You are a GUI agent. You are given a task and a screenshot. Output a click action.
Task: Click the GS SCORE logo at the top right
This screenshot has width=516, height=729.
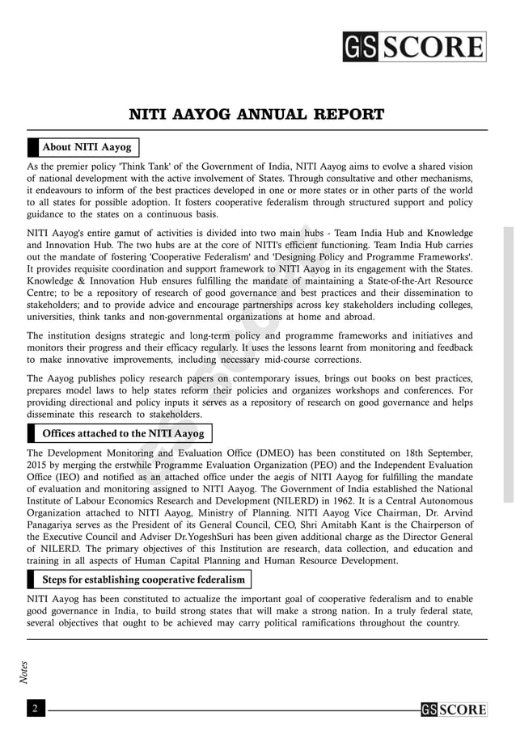(413, 47)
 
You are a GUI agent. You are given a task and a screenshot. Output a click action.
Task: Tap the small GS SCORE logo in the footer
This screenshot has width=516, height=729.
(453, 710)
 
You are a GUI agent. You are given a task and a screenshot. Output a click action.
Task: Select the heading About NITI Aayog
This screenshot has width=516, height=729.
(86, 147)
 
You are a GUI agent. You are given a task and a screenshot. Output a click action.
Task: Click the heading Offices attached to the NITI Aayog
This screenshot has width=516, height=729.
(122, 434)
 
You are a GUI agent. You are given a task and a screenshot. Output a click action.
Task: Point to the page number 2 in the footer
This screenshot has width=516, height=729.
(36, 709)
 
